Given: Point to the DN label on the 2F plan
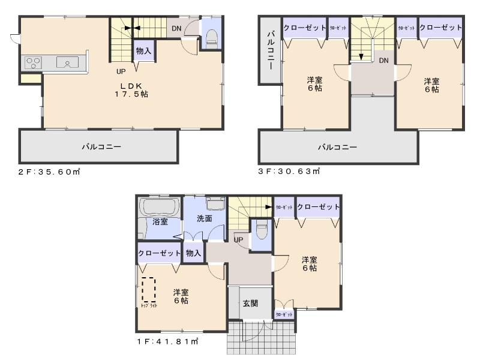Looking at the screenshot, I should coord(176,28).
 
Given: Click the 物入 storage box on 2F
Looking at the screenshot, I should coord(143,51).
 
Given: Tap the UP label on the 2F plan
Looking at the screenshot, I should coord(121,71).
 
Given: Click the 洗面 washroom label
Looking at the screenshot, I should coord(204,218).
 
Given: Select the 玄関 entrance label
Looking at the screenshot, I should coord(251,304).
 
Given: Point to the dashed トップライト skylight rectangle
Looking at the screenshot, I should coord(148,290).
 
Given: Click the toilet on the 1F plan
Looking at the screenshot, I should coord(262,229).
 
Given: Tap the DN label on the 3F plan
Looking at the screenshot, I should coord(383,60).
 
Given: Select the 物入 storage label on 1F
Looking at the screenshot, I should coord(193,253).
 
